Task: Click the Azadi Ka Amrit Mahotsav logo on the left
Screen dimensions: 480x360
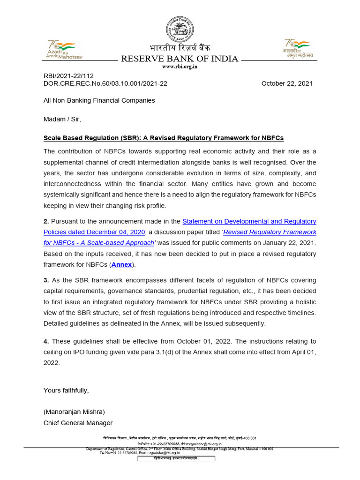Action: click(65, 49)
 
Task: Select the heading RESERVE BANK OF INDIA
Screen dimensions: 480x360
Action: click(180, 59)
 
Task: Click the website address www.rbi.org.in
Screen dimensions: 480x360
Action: click(180, 67)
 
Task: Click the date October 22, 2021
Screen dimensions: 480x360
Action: click(286, 83)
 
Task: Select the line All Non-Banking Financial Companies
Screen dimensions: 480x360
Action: click(99, 100)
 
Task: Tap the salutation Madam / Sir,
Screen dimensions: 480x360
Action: click(62, 119)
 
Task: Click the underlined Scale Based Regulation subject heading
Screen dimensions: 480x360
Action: click(164, 138)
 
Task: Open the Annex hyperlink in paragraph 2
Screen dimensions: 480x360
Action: click(121, 265)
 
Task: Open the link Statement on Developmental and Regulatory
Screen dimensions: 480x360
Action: click(249, 221)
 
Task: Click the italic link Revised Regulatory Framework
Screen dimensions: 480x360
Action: click(270, 232)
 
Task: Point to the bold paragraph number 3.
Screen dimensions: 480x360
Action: click(46, 280)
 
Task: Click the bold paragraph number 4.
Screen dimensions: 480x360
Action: click(46, 341)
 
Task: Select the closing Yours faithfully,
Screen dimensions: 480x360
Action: click(66, 390)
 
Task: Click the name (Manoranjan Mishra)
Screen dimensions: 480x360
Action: click(74, 412)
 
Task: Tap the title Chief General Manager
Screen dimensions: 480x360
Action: click(78, 423)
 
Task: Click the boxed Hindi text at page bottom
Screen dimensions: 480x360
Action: click(176, 458)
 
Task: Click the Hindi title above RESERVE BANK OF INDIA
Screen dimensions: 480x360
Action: click(180, 48)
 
